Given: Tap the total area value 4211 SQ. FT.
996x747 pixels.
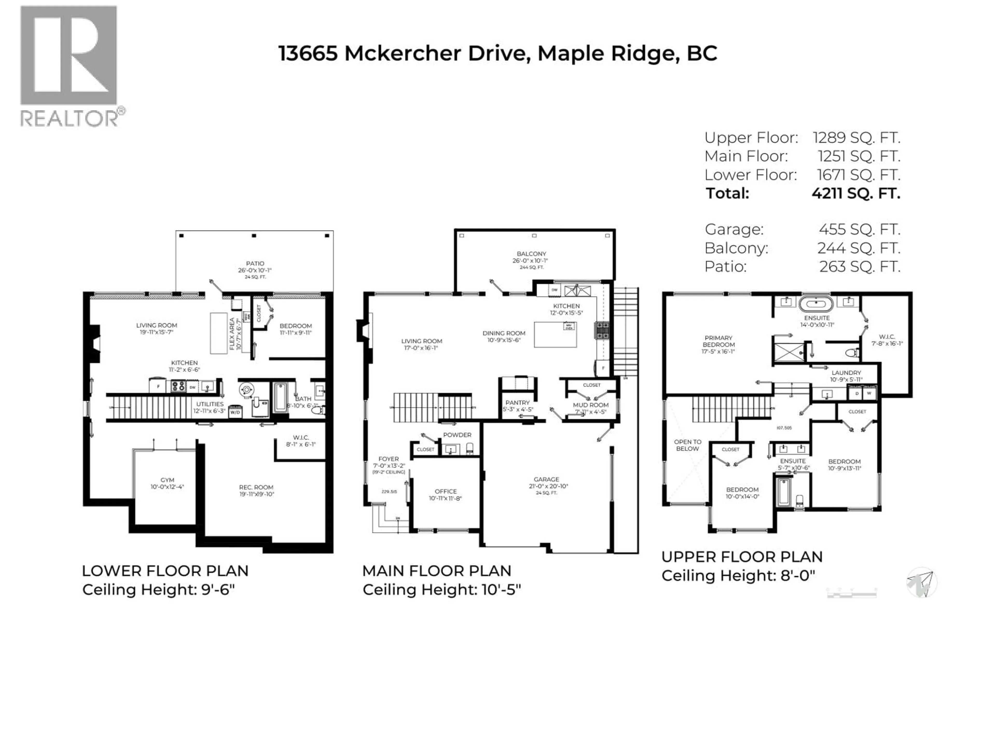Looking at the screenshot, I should (x=855, y=193).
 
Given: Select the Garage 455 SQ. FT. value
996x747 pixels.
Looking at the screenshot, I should (x=859, y=230).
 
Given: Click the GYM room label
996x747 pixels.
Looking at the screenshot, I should (x=167, y=480).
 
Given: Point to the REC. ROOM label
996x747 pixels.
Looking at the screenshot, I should (x=256, y=487).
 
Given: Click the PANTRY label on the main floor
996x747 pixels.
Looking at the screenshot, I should (x=517, y=403).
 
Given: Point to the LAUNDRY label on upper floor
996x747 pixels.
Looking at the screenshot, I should (x=846, y=373).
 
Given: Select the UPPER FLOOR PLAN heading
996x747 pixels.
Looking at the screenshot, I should (x=742, y=557).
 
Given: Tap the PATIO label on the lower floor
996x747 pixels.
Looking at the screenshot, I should (x=255, y=264).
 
